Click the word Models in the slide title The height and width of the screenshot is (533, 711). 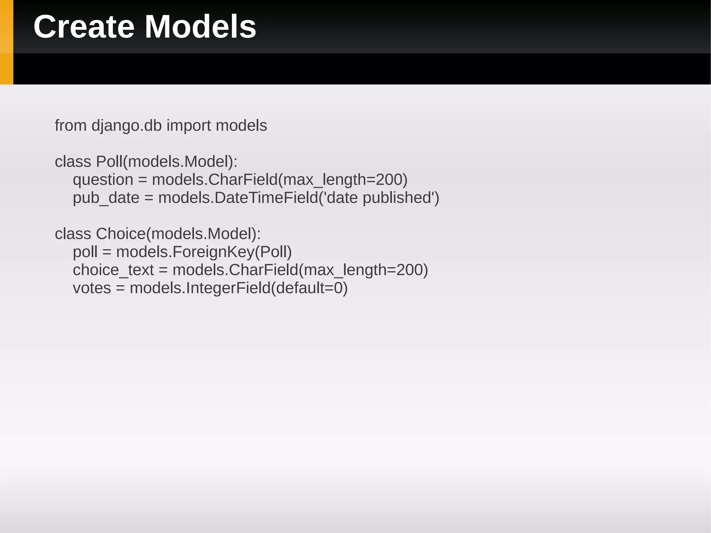tap(200, 27)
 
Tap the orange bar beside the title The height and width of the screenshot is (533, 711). tap(6, 42)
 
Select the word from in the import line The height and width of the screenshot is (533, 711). tap(70, 125)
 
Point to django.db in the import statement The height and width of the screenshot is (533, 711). tap(126, 125)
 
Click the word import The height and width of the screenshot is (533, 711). tap(189, 125)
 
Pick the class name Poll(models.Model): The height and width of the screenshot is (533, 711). tap(167, 161)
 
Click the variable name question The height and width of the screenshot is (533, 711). tap(103, 180)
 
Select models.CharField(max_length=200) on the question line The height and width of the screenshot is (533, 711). tap(279, 180)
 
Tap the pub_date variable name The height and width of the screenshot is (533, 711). tap(106, 198)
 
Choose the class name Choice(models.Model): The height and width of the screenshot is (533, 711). tap(178, 234)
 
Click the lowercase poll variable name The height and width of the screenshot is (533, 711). tap(85, 252)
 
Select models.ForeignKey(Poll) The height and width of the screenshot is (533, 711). tap(204, 252)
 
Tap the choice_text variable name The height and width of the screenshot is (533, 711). tap(113, 270)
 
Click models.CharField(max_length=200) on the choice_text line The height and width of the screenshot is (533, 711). tap(300, 270)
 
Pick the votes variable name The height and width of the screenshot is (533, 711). tap(92, 288)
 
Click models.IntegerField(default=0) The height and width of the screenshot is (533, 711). tap(239, 288)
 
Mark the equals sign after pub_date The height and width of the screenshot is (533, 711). tap(149, 198)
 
